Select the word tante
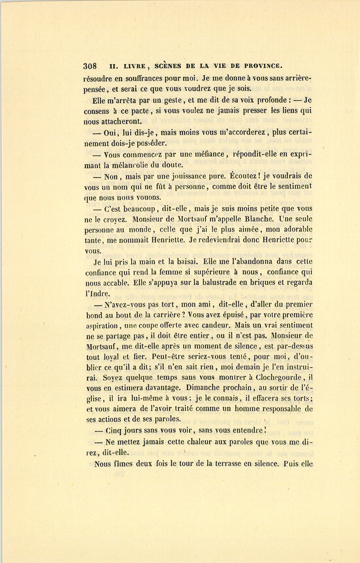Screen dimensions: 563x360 point(94,240)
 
